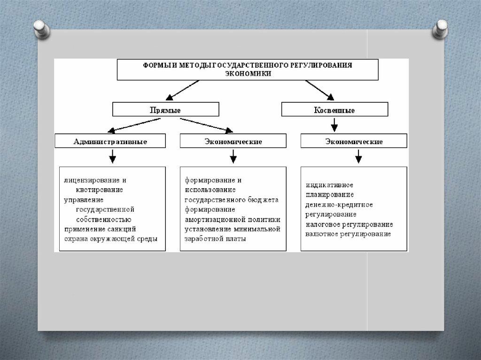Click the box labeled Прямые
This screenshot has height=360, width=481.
click(165, 109)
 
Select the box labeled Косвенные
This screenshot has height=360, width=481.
click(334, 110)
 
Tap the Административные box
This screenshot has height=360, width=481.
click(110, 141)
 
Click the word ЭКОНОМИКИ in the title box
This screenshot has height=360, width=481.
click(247, 74)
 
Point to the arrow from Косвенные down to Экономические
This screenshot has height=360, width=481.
click(334, 124)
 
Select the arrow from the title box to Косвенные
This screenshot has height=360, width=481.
click(319, 90)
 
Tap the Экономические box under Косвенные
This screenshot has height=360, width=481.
click(354, 141)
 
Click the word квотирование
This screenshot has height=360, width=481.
click(99, 190)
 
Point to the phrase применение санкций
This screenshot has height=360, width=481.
click(100, 229)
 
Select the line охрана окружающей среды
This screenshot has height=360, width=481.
click(111, 238)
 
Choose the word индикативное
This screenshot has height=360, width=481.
click(329, 185)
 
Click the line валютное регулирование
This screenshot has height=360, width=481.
click(348, 234)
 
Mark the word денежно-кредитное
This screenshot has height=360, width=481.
click(339, 205)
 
